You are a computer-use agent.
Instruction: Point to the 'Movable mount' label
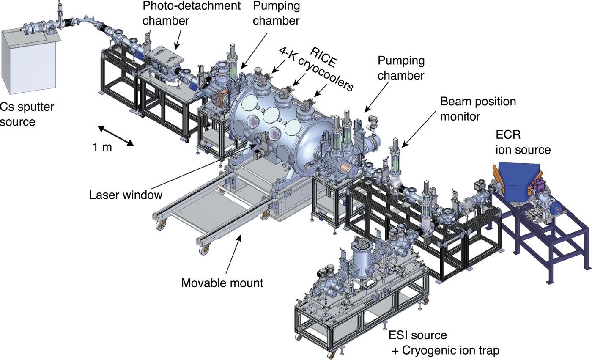(222, 282)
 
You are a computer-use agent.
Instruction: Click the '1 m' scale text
(102, 148)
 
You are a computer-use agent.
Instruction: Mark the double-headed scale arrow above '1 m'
(116, 135)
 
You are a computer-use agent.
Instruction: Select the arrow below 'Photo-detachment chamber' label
(181, 40)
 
